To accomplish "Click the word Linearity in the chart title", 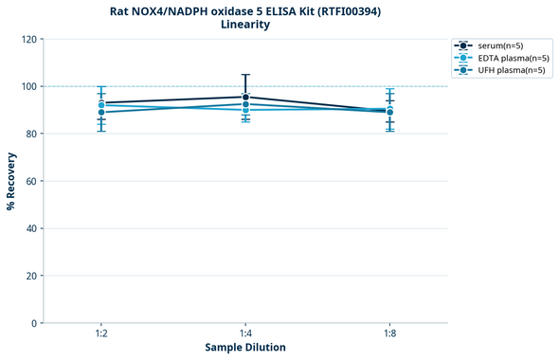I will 245,25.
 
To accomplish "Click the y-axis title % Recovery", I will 11,181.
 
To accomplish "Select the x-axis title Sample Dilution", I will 245,348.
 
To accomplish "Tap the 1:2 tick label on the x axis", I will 100,334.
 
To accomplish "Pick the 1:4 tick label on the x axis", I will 245,334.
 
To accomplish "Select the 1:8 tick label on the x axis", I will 389,334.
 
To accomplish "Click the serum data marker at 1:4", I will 245,97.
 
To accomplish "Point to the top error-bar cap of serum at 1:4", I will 245,75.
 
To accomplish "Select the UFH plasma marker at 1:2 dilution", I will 101,112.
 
